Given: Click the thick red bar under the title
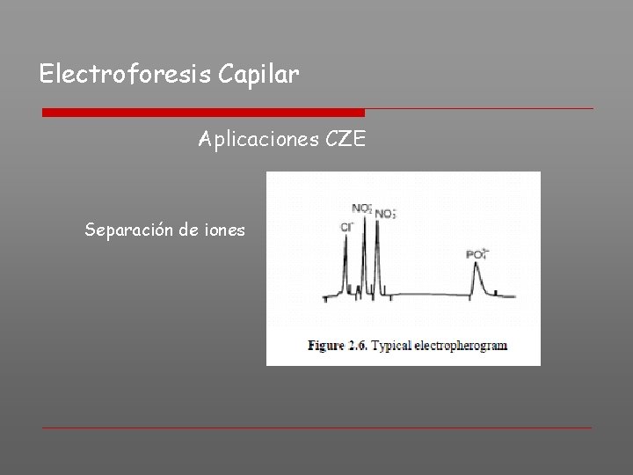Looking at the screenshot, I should coord(203,113).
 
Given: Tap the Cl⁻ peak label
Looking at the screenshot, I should coord(346,227).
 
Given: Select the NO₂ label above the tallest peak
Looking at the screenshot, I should coord(361,208).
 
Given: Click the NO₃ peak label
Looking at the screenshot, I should coord(385,213).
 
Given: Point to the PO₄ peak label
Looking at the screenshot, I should coord(477,254).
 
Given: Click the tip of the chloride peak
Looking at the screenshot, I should coord(346,238).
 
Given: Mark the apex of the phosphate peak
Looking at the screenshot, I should coord(477,265).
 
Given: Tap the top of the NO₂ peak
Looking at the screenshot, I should coord(363,216).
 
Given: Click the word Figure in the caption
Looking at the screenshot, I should coord(325,346).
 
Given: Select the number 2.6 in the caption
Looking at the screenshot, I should coord(357,346).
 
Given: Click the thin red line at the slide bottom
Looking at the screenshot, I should coord(316,428).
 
